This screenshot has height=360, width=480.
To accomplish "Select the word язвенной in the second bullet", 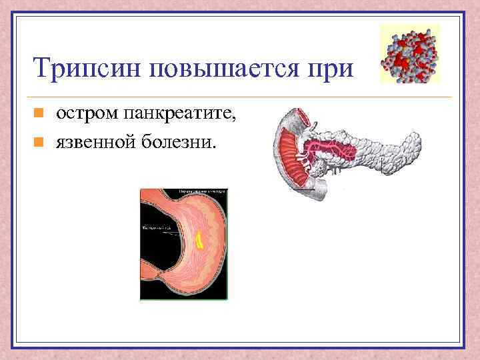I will (x=94, y=141).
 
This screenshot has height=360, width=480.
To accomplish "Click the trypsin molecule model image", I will (x=409, y=54).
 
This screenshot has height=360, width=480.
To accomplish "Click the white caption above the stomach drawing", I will (x=202, y=191).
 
